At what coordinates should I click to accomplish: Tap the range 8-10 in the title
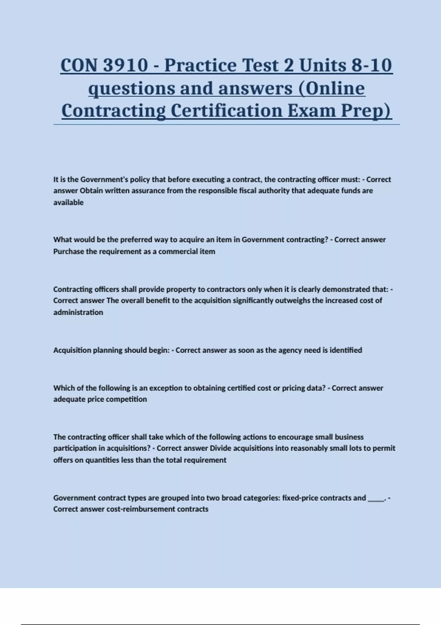tap(372, 65)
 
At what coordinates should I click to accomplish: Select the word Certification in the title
tap(227, 111)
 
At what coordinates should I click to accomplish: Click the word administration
tap(78, 312)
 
